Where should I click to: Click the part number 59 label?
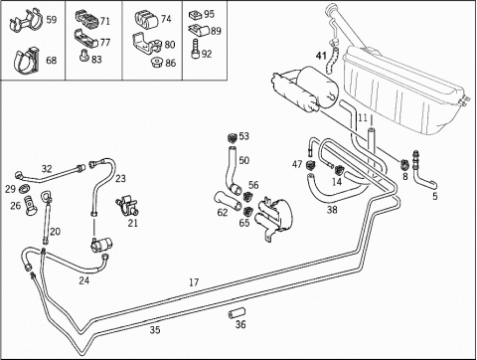52,20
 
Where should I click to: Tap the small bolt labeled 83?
83,56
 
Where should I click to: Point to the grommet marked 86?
156,63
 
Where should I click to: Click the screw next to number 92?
195,49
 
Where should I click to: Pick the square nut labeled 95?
195,15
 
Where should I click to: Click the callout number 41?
321,56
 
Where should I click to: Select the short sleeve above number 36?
237,312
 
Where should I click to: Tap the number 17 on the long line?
194,282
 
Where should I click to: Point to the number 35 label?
155,330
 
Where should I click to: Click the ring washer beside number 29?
25,189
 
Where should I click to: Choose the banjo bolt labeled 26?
31,205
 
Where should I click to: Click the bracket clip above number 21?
126,205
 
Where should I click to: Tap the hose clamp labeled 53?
233,136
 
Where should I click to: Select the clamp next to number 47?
311,165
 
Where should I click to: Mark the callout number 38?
332,210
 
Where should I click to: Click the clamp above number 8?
404,163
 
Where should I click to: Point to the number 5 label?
435,196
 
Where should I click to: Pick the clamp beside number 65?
247,211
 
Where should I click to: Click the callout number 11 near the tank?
363,117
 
